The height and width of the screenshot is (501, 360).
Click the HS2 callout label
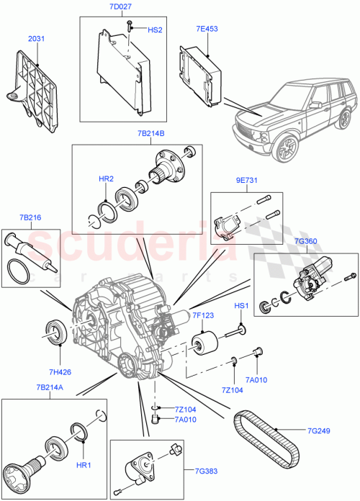(155, 31)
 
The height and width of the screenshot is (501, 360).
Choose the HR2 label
(106, 178)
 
